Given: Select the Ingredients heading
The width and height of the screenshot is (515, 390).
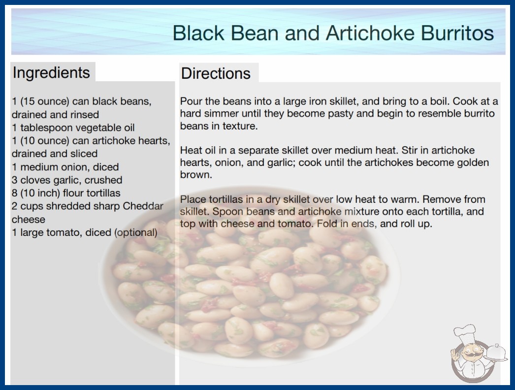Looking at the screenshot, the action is pyautogui.click(x=51, y=73).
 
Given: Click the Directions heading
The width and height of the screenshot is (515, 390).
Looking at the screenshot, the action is pyautogui.click(x=216, y=73).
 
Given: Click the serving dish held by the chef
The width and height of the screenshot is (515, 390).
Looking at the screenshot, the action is pyautogui.click(x=496, y=353).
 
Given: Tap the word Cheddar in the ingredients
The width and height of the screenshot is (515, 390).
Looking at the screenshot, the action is pyautogui.click(x=143, y=206).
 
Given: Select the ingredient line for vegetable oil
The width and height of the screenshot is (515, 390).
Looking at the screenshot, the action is pyautogui.click(x=73, y=128).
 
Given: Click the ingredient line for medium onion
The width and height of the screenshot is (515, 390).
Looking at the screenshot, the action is pyautogui.click(x=65, y=167).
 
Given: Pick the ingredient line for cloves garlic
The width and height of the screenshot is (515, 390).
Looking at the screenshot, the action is pyautogui.click(x=67, y=180).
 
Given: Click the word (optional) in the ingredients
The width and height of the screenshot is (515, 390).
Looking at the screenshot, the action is pyautogui.click(x=136, y=232).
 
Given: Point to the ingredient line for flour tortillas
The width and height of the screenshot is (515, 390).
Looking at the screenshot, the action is pyautogui.click(x=66, y=193).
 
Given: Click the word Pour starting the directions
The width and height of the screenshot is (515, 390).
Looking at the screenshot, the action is pyautogui.click(x=191, y=101).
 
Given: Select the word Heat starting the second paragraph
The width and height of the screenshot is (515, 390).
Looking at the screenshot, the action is pyautogui.click(x=191, y=151).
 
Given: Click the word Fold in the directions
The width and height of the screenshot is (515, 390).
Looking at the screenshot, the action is pyautogui.click(x=329, y=224).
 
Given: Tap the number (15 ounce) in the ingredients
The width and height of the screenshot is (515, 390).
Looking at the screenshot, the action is pyautogui.click(x=45, y=101).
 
